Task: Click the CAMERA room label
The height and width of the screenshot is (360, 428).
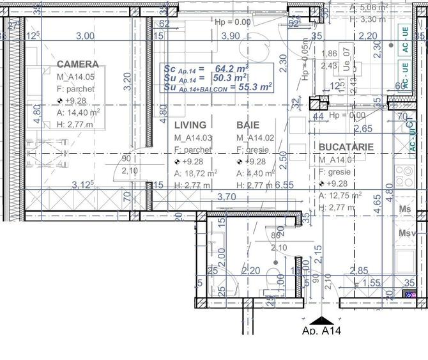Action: (x=77, y=64)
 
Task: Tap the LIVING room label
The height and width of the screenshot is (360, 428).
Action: (x=190, y=125)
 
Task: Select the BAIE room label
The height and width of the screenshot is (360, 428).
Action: (x=248, y=125)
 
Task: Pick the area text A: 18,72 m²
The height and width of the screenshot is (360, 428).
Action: (x=196, y=173)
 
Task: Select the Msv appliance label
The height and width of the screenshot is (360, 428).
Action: (x=406, y=233)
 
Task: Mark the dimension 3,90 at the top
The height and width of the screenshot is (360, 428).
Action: (x=230, y=36)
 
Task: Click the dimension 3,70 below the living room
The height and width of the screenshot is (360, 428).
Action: (x=226, y=197)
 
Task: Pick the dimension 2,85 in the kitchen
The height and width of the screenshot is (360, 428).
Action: (x=360, y=271)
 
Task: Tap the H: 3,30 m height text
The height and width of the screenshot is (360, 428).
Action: (x=370, y=19)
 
